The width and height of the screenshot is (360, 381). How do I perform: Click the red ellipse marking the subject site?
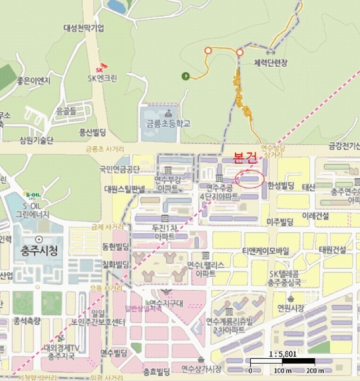(249, 179)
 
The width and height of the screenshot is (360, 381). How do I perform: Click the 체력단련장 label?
(270, 62)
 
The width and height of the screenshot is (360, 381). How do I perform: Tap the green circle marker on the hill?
(185, 77)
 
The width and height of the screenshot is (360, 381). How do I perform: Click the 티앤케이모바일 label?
(264, 250)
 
